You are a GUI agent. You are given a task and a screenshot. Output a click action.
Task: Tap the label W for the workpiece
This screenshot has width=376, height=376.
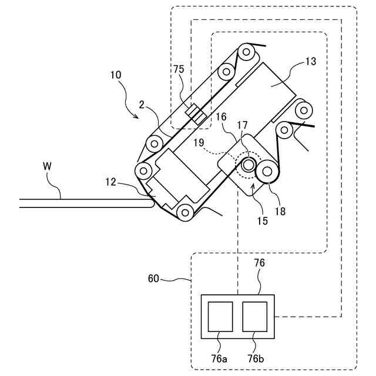(48, 166)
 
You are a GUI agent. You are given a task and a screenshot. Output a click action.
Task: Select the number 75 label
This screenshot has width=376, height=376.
(179, 69)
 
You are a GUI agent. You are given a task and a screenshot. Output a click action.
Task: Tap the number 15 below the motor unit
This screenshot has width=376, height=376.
(262, 221)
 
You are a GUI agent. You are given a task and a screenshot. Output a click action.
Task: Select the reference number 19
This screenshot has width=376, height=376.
(199, 142)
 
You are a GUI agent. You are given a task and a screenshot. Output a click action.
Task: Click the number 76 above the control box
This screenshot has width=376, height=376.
(259, 263)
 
